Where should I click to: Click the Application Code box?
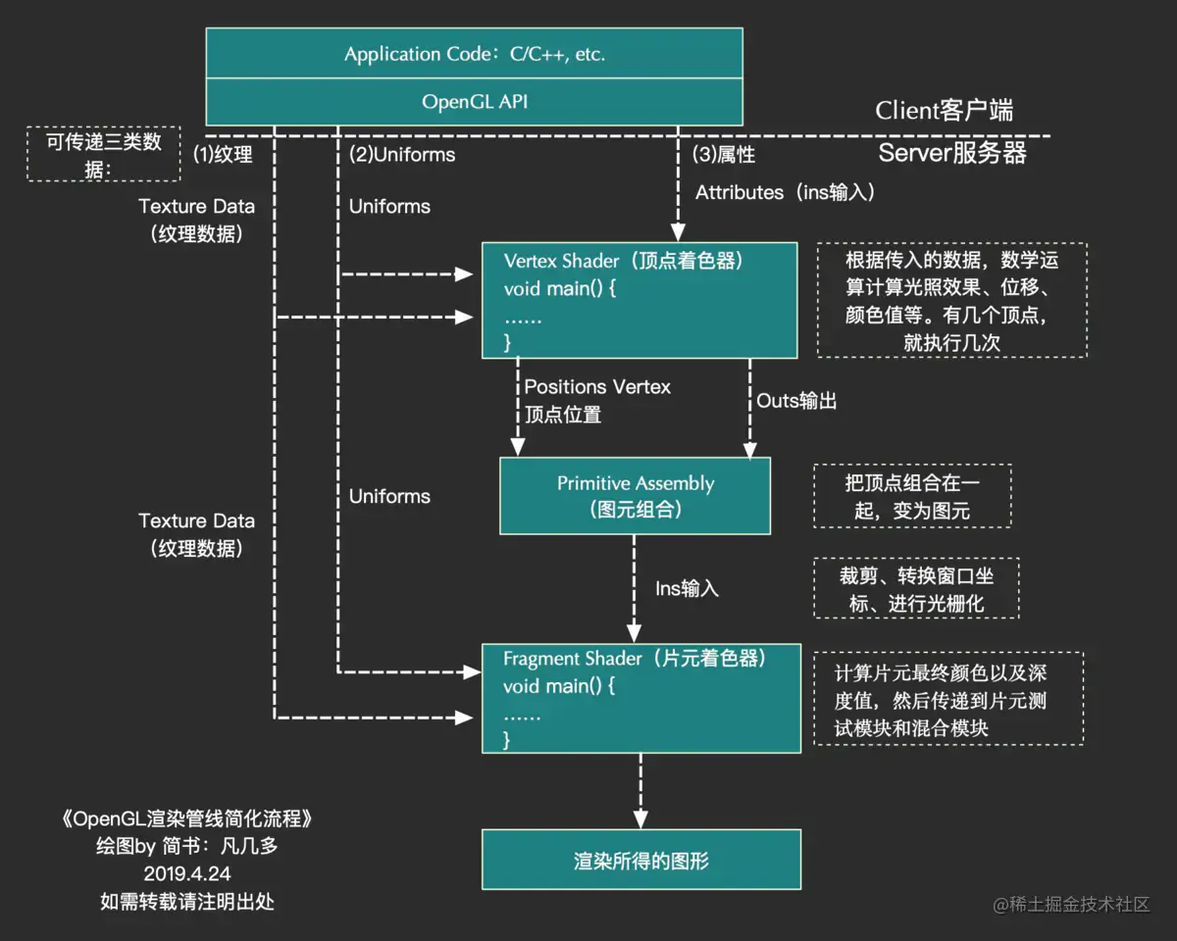[x=474, y=54]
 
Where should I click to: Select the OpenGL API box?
[x=474, y=102]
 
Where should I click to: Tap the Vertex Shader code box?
[x=640, y=301]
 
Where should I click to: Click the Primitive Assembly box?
[x=636, y=496]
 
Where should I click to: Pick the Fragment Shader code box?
[x=641, y=698]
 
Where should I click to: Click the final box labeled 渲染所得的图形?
[x=641, y=860]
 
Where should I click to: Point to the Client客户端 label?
[x=944, y=111]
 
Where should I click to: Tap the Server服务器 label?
[x=951, y=153]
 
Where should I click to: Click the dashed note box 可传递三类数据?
[x=104, y=154]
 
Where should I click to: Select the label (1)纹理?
[x=223, y=155]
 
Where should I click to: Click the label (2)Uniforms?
[x=402, y=155]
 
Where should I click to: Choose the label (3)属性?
[x=724, y=155]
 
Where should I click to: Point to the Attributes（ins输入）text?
[x=785, y=193]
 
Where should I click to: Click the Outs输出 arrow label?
[x=796, y=401]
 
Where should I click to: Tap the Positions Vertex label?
[x=597, y=387]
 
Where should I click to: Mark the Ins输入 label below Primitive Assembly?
[x=687, y=588]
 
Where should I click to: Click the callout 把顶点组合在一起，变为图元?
[x=912, y=496]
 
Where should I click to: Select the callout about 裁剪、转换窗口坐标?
[x=916, y=588]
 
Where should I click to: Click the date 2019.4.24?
[x=187, y=872]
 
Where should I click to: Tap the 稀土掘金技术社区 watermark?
[x=1071, y=905]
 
